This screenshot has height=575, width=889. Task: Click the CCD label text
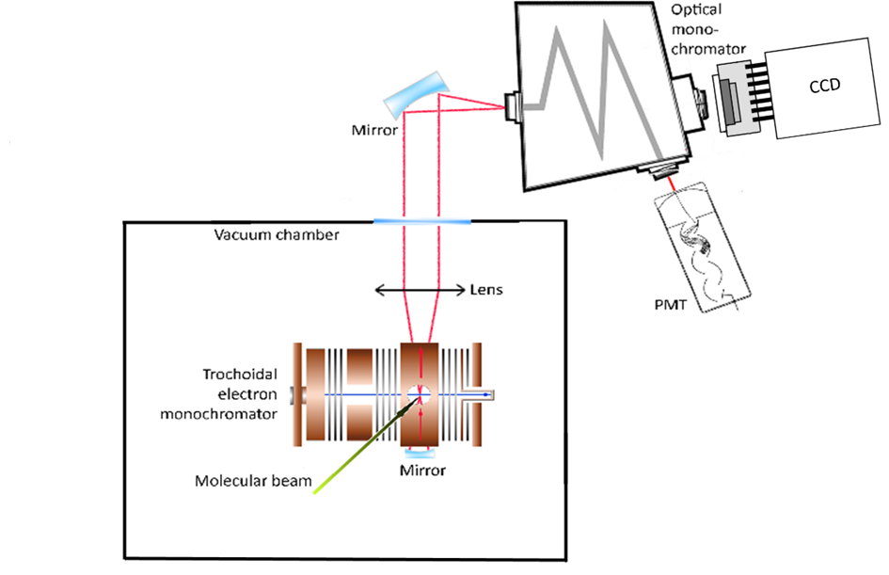tap(824, 86)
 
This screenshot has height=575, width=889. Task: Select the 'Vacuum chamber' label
tap(276, 235)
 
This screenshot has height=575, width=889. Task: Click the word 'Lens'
tap(486, 290)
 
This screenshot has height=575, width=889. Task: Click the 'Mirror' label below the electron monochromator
tap(422, 469)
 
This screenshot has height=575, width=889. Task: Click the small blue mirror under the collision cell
tap(421, 451)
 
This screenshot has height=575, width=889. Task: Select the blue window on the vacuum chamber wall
tap(422, 222)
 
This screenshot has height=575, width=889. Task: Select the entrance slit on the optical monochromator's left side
tap(514, 105)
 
